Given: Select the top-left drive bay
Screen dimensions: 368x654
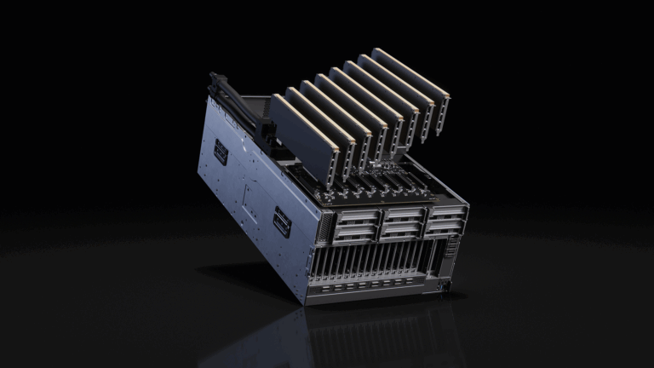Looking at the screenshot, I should pyautogui.click(x=356, y=216).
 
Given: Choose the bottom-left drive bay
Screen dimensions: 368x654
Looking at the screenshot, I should pyautogui.click(x=356, y=233).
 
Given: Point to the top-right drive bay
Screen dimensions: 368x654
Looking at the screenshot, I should pyautogui.click(x=445, y=210).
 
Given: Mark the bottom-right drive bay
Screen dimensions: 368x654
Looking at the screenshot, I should pyautogui.click(x=445, y=227).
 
